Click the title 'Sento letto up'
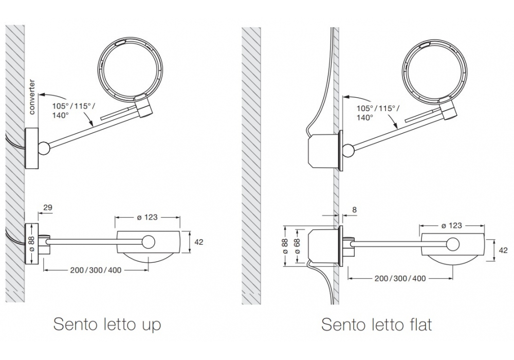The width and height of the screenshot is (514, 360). pyautogui.click(x=107, y=325)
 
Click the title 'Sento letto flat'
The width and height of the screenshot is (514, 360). pyautogui.click(x=376, y=325)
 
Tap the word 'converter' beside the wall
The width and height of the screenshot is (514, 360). pyautogui.click(x=32, y=97)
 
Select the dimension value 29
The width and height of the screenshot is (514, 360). pyautogui.click(x=47, y=208)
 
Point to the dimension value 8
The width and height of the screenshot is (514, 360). pyautogui.click(x=354, y=209)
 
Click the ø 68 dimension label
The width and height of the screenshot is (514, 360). pyautogui.click(x=297, y=246)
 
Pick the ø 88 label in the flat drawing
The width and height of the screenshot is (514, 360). pyautogui.click(x=285, y=246)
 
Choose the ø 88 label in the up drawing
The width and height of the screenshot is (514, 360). pyautogui.click(x=31, y=244)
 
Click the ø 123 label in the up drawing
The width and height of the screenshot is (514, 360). pyautogui.click(x=147, y=217)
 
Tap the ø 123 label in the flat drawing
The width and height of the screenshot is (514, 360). pyautogui.click(x=451, y=226)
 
